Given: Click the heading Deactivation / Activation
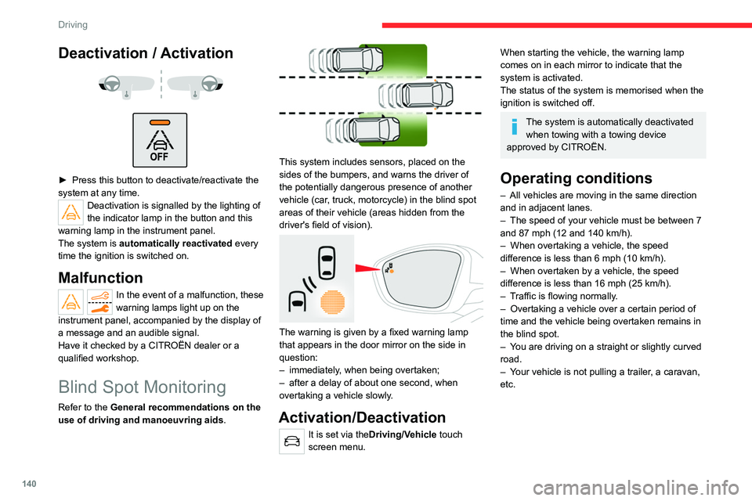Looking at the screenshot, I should pos(146,53).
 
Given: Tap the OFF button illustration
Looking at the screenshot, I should pos(160,140).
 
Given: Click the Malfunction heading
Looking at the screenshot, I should pos(100,277).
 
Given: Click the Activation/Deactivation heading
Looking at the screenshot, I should pos(362,417).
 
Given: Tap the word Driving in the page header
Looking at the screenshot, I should pos(72,24).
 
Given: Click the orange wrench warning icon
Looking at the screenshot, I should pos(99,301).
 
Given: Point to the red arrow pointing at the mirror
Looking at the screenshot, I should pos(368,269).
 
